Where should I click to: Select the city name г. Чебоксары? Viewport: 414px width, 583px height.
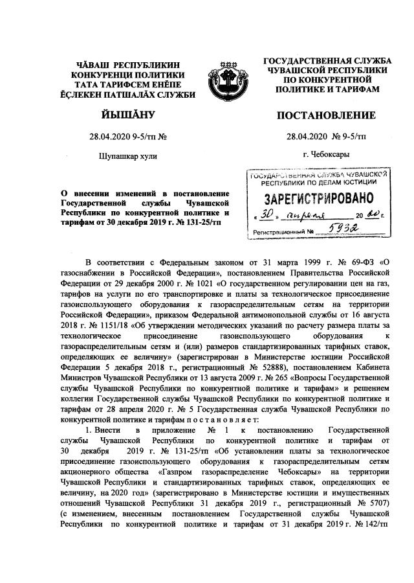pyautogui.click(x=326, y=155)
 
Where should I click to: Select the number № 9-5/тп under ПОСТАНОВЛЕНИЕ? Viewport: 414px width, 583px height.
pyautogui.click(x=349, y=136)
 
